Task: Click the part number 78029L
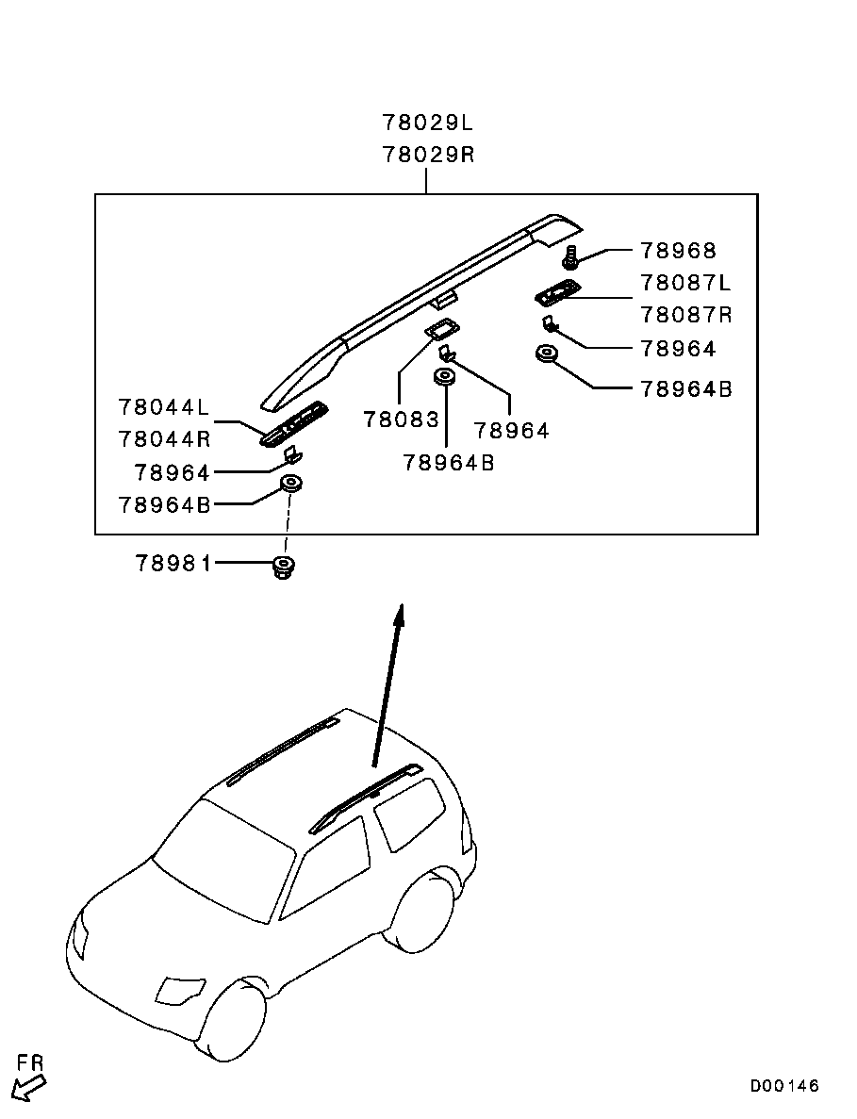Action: tap(427, 123)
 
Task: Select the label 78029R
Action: tap(427, 155)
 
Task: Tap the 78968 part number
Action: tap(678, 251)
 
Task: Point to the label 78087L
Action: tap(685, 283)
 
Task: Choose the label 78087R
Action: tap(685, 315)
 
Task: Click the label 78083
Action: tap(401, 420)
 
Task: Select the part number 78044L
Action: tap(164, 407)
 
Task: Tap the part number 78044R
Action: tap(164, 439)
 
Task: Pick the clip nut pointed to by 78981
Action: tap(281, 568)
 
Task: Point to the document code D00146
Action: tap(784, 1086)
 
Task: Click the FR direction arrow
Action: tap(29, 1089)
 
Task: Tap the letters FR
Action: tap(31, 1063)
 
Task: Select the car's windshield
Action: tap(224, 855)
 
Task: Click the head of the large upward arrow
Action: tap(400, 615)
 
